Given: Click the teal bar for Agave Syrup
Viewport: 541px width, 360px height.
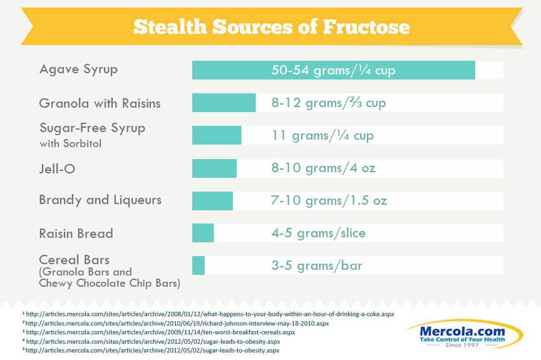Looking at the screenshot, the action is click(x=334, y=70).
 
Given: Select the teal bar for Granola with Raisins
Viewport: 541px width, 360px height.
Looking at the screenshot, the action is click(x=224, y=103).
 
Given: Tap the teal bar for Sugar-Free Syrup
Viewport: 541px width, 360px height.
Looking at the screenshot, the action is click(x=217, y=135).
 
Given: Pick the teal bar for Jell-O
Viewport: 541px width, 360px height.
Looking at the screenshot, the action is click(x=214, y=168).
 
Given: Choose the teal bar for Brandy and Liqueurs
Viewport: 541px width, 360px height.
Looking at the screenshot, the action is click(x=212, y=201).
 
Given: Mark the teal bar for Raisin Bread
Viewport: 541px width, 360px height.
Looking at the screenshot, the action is click(x=203, y=233).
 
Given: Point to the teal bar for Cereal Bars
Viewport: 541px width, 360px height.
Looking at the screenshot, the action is click(x=198, y=265).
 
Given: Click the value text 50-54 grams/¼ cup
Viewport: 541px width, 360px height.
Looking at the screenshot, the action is click(x=333, y=70).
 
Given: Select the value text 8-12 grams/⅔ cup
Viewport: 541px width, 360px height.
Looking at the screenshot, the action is click(x=329, y=103).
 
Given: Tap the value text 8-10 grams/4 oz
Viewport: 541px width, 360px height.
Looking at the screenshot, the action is click(x=323, y=168).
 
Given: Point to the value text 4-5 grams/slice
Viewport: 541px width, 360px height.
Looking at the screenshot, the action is click(x=319, y=234).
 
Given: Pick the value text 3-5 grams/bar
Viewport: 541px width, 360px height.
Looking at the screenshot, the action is click(x=317, y=266).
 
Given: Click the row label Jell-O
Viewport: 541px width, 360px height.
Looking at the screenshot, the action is click(x=57, y=168).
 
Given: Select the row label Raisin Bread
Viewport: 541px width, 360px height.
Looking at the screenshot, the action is click(x=76, y=234).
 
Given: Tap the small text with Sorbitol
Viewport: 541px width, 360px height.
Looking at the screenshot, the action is click(x=70, y=143).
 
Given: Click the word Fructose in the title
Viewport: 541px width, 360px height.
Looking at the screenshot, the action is click(x=366, y=27).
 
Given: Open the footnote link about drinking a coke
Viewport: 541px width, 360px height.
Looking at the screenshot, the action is click(x=210, y=314).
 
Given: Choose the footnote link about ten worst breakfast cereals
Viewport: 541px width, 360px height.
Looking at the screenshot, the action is click(x=160, y=332).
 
